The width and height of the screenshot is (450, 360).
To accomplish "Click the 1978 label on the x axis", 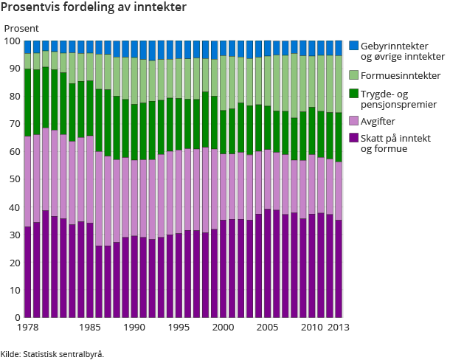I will point(27,326).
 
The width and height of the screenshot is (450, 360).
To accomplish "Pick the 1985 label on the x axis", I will point(91,326).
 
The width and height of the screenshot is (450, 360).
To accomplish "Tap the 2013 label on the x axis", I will point(338,326).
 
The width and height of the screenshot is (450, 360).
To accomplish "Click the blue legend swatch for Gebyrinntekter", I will point(353,46).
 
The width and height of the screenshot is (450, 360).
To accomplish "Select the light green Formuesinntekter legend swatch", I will point(353,75).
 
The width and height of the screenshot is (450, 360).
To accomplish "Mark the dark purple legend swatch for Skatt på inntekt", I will point(353,138).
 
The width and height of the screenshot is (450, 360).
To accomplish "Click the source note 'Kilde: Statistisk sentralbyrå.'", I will point(52,353).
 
